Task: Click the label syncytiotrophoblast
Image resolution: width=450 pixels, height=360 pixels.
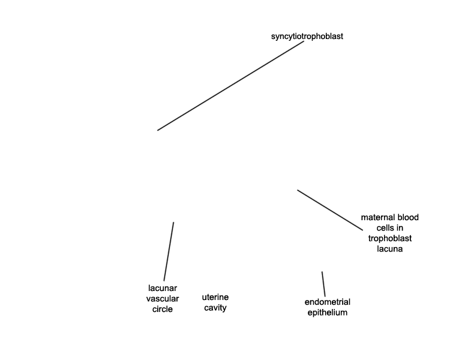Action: (307, 37)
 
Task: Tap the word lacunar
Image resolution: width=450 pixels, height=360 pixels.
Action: (163, 288)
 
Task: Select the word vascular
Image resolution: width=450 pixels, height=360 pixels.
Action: (163, 299)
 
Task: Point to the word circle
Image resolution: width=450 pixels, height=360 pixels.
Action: (163, 309)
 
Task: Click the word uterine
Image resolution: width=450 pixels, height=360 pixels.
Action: (215, 297)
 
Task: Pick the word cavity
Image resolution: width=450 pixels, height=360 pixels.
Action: (215, 308)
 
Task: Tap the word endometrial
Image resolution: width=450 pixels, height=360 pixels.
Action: (328, 302)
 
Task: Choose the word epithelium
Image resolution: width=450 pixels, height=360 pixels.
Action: (328, 313)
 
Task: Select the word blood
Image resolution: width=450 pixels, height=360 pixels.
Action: (408, 217)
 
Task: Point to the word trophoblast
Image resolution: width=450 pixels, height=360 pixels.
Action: (390, 238)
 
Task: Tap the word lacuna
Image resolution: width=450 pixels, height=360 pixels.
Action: (390, 249)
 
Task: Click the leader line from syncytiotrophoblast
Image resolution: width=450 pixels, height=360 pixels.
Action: (230, 86)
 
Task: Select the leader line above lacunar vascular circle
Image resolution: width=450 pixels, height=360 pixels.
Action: (169, 251)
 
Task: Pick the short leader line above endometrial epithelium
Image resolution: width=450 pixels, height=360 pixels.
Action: (323, 284)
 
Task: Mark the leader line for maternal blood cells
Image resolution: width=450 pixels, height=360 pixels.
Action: (330, 210)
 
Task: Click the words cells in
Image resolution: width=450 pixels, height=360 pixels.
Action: (390, 228)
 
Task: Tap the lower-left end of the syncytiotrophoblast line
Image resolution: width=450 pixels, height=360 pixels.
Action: (158, 130)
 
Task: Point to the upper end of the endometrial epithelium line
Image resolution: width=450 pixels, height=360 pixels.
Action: (322, 272)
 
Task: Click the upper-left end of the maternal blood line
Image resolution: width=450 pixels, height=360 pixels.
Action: (298, 190)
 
